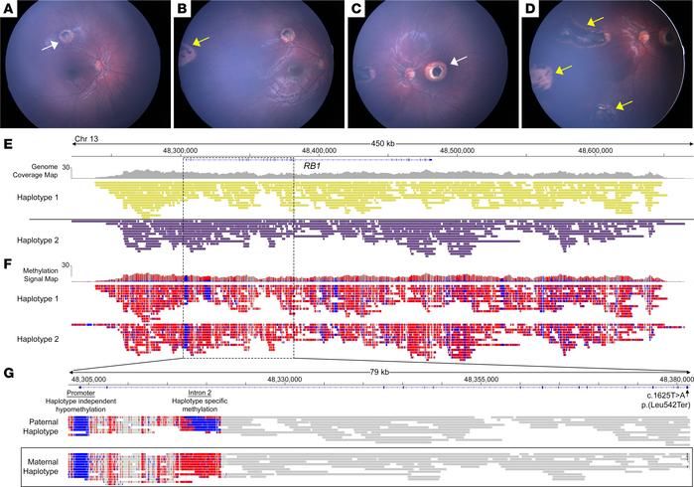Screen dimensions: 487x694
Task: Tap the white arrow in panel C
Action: pos(456,62)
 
